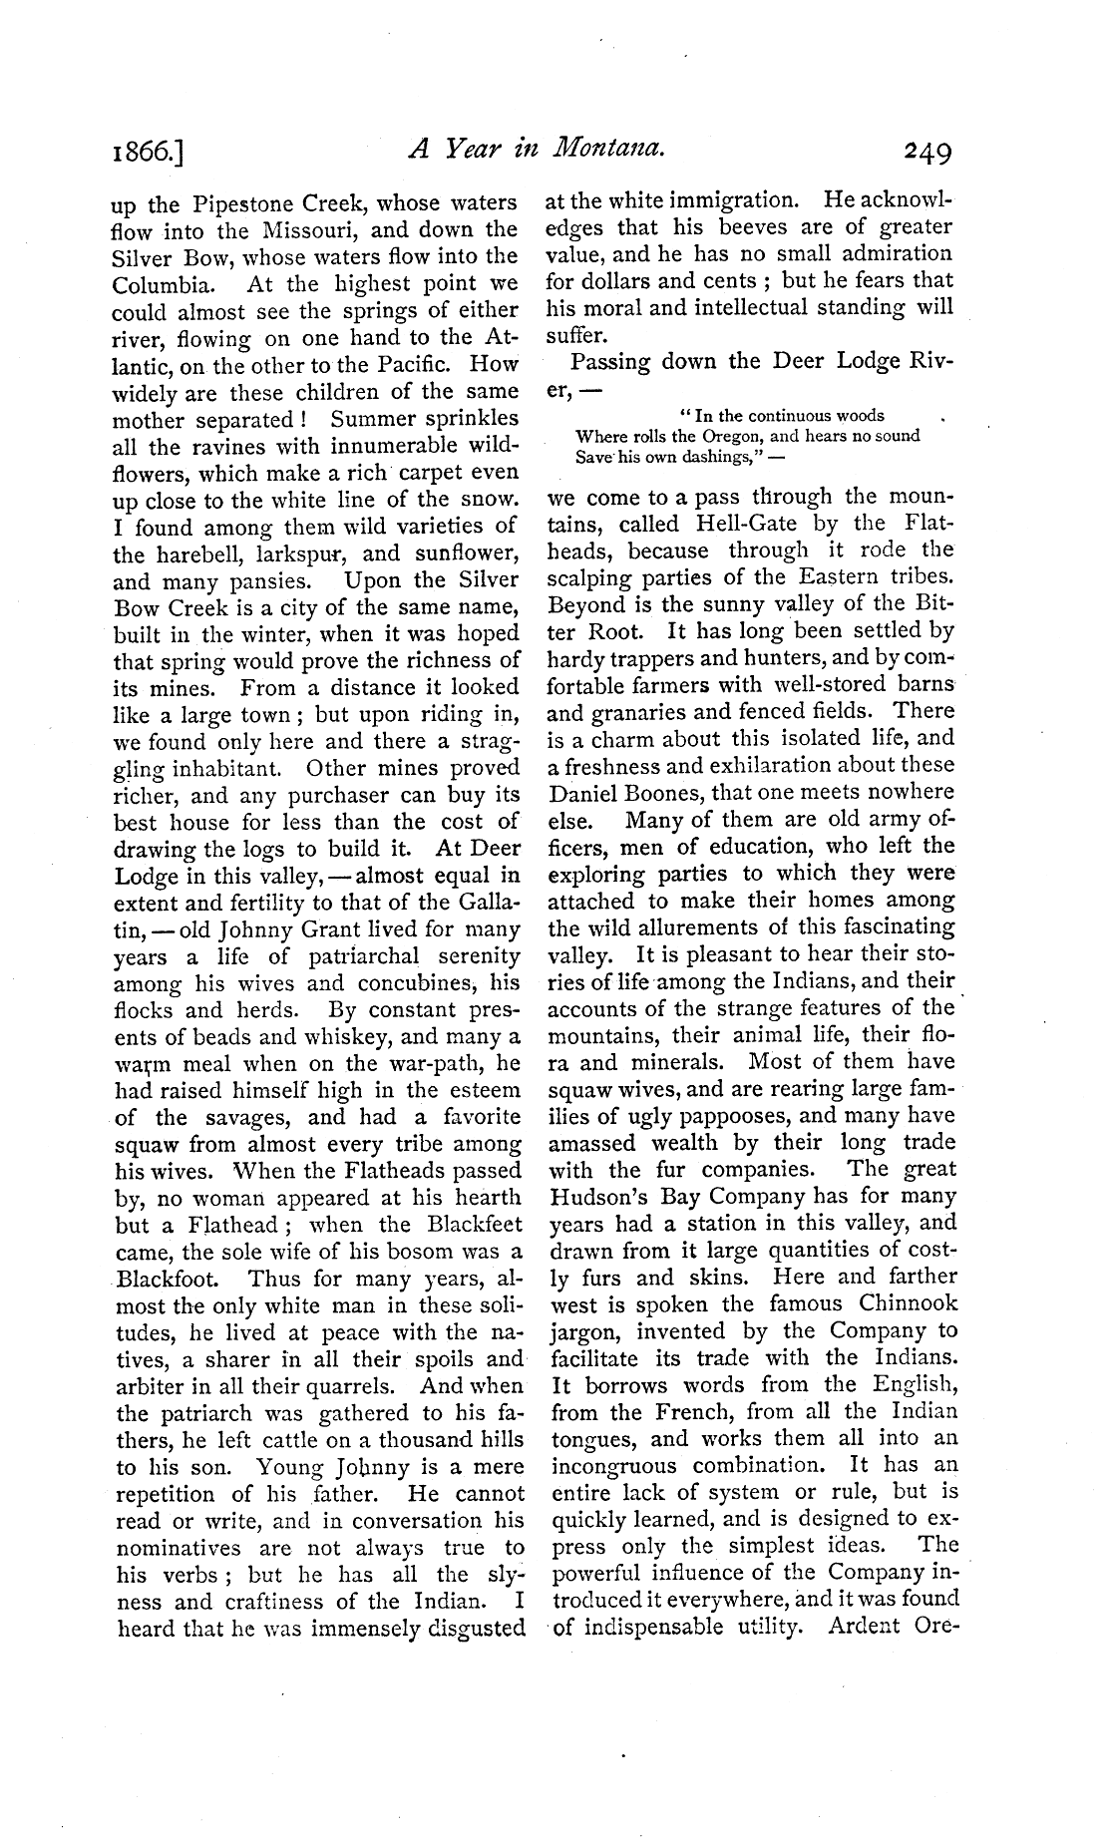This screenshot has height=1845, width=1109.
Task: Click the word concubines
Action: pyautogui.click(x=409, y=984)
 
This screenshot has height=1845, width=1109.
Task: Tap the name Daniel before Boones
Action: pyautogui.click(x=588, y=793)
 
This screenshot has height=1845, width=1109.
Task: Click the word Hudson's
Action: pyautogui.click(x=599, y=1197)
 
